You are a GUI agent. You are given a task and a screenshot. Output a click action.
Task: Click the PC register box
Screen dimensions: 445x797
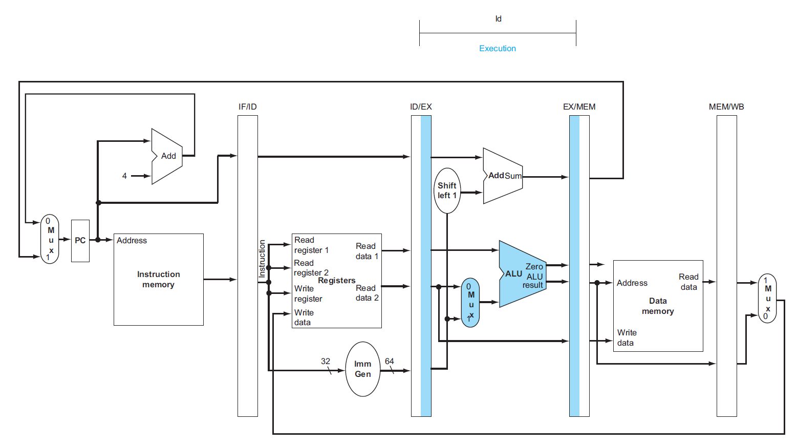pos(80,241)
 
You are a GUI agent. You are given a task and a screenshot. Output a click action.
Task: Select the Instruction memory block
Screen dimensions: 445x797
pos(158,280)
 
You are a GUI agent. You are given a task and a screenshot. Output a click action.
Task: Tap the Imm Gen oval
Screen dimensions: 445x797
pos(363,369)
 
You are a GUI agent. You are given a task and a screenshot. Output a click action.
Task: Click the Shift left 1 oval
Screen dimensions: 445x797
pos(447,190)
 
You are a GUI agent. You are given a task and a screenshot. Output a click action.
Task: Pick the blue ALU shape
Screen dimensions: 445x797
pos(520,274)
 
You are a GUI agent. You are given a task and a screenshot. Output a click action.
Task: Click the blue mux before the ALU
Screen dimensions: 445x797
pos(470,303)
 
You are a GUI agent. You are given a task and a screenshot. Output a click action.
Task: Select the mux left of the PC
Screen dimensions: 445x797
pos(50,239)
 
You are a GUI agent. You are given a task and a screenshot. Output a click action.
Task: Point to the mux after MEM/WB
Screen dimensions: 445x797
pos(767,299)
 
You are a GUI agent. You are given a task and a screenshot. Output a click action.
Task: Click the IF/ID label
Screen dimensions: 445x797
pos(248,107)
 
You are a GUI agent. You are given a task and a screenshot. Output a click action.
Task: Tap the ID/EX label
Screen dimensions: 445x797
pos(421,107)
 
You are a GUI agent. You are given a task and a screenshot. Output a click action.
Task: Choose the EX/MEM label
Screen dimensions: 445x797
pos(579,107)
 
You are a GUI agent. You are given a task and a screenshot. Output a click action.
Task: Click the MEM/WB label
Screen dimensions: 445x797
pos(726,107)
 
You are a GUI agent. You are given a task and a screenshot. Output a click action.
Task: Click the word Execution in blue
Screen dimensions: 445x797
pos(497,49)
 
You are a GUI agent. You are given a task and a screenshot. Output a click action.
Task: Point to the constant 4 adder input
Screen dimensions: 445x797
pos(124,176)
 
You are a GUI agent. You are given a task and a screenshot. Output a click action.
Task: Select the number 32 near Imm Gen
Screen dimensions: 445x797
pos(326,361)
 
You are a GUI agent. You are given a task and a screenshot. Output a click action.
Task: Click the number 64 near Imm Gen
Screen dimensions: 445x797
pos(390,361)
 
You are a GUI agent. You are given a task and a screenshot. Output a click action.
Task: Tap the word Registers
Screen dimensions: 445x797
pos(337,281)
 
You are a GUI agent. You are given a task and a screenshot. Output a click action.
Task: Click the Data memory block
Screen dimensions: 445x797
pos(658,306)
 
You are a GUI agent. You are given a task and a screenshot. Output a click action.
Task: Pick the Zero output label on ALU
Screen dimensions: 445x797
pos(534,267)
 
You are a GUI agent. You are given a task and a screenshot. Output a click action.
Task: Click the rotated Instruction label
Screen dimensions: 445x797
pos(262,259)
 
